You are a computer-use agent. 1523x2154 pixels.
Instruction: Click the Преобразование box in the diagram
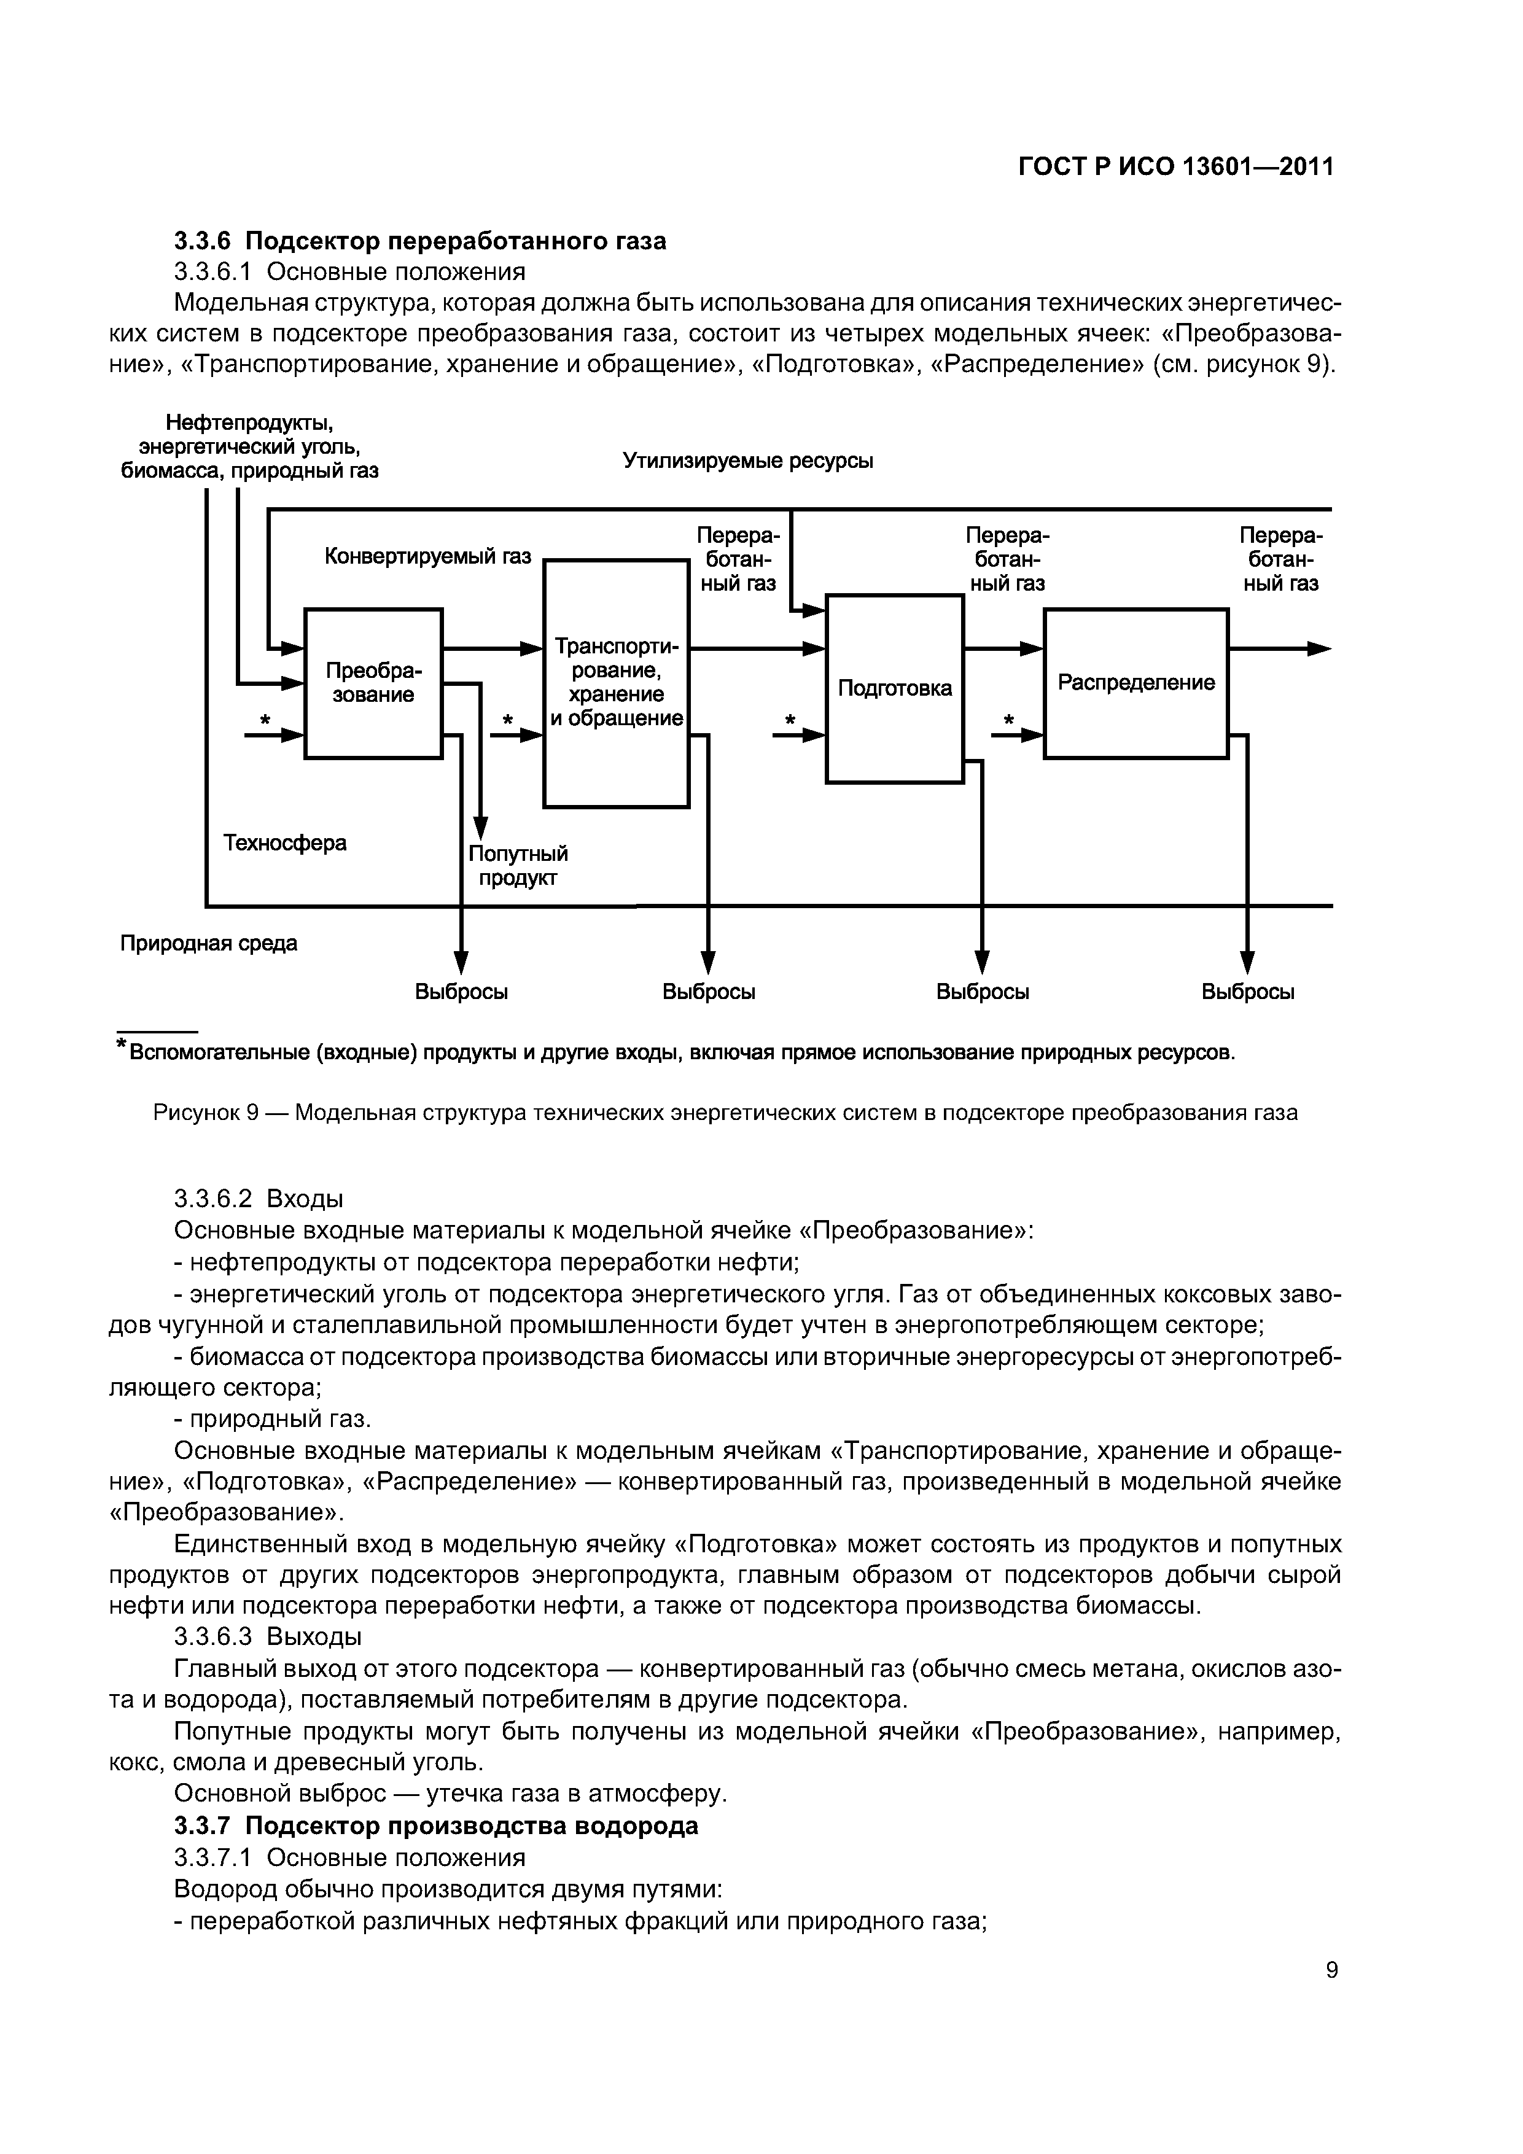coord(373,683)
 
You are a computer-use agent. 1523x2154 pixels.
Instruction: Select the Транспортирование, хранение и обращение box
coord(617,683)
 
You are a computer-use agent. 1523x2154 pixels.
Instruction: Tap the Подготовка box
coord(894,688)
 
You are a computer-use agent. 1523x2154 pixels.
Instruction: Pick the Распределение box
coord(1135,683)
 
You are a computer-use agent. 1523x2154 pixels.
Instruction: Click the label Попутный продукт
coord(518,865)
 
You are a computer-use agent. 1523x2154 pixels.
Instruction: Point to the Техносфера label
coord(286,842)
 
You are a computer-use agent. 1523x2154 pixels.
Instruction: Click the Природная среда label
coord(208,943)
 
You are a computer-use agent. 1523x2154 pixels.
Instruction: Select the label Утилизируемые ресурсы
coord(748,461)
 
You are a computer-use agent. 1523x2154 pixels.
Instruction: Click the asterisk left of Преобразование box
coord(265,720)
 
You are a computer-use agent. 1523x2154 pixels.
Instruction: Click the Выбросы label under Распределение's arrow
coord(1248,992)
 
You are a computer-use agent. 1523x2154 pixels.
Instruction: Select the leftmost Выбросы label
coord(462,992)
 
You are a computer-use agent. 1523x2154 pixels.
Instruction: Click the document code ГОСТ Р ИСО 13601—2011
coord(1176,167)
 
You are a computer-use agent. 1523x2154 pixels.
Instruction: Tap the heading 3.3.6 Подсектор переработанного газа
coord(421,241)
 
